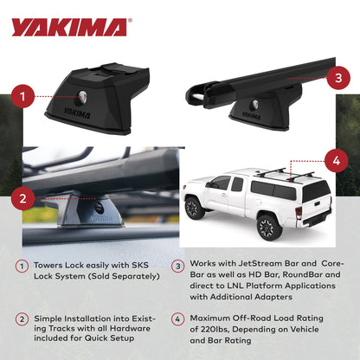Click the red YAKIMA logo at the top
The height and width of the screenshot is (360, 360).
click(x=68, y=26)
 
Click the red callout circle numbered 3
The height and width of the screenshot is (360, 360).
click(x=339, y=78)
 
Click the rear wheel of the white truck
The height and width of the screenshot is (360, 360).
click(x=268, y=227)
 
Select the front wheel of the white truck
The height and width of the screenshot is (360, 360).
click(x=196, y=209)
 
